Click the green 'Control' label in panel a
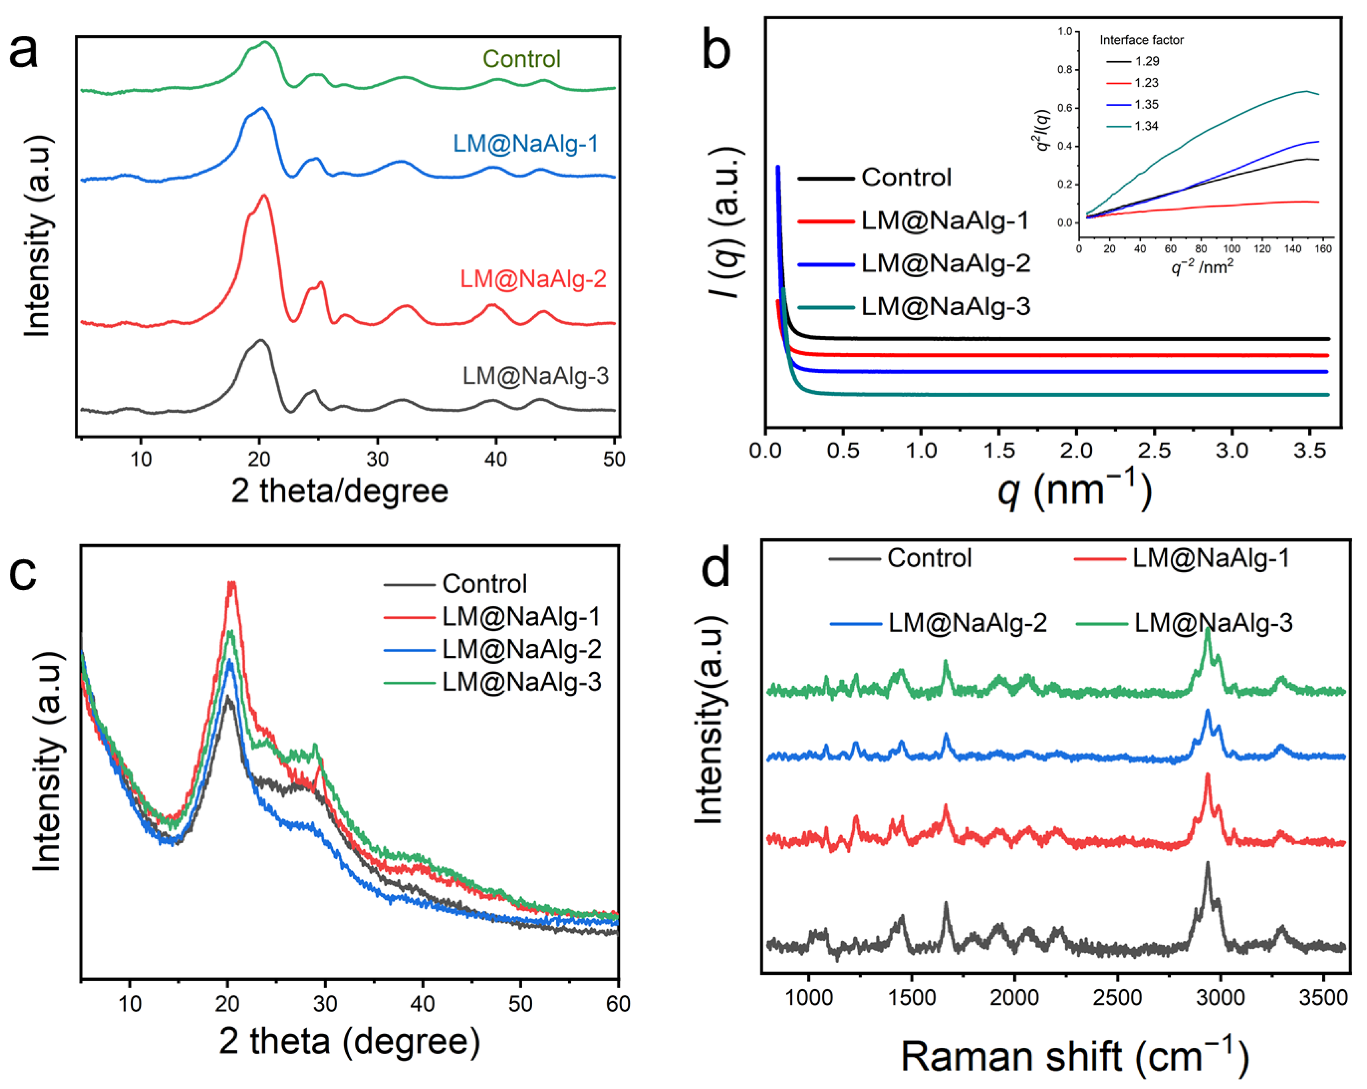[x=521, y=59]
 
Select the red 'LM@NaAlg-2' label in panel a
[x=533, y=279]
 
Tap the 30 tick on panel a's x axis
[x=377, y=458]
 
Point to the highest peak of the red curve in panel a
[x=265, y=197]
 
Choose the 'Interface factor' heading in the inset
[x=1141, y=40]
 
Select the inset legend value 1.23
[x=1146, y=82]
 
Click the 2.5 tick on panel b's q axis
[x=1154, y=450]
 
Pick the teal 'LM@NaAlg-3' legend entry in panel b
[x=945, y=307]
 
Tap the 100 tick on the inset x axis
[x=1231, y=249]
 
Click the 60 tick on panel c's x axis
[x=618, y=1003]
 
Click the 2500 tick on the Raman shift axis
[x=1117, y=997]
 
